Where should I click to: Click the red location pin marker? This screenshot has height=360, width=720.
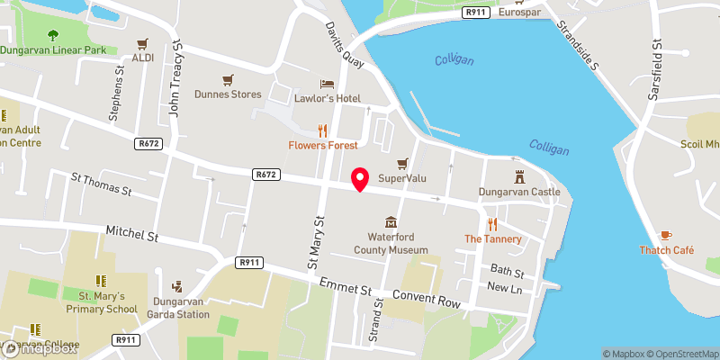point(360,179)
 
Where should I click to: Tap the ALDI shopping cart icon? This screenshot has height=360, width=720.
point(143,43)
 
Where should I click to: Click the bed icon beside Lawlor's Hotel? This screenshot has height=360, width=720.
point(318,83)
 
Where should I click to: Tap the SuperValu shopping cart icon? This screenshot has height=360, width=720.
point(401,163)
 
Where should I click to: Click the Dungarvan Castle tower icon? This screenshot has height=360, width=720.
point(519,176)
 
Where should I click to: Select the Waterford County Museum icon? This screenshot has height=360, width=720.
point(390,221)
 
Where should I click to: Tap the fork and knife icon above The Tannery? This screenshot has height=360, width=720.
point(492,224)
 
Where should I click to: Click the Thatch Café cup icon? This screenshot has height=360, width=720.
point(666,235)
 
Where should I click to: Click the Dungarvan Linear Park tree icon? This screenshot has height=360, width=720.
point(51,35)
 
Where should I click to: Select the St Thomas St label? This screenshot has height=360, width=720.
point(101,184)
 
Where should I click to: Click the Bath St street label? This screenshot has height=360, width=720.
point(506,270)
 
